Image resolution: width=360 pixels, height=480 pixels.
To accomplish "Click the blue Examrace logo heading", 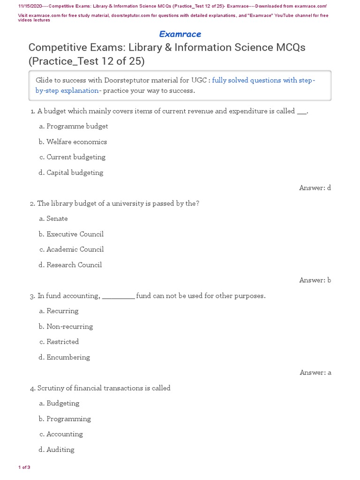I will [180, 34].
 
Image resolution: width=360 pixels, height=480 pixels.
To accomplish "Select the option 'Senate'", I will [57, 218].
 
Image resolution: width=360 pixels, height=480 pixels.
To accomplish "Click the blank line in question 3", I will [118, 297].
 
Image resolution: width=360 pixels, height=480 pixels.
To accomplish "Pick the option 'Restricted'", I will [62, 342].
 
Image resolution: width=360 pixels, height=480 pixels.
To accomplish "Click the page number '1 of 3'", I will [24, 467].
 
